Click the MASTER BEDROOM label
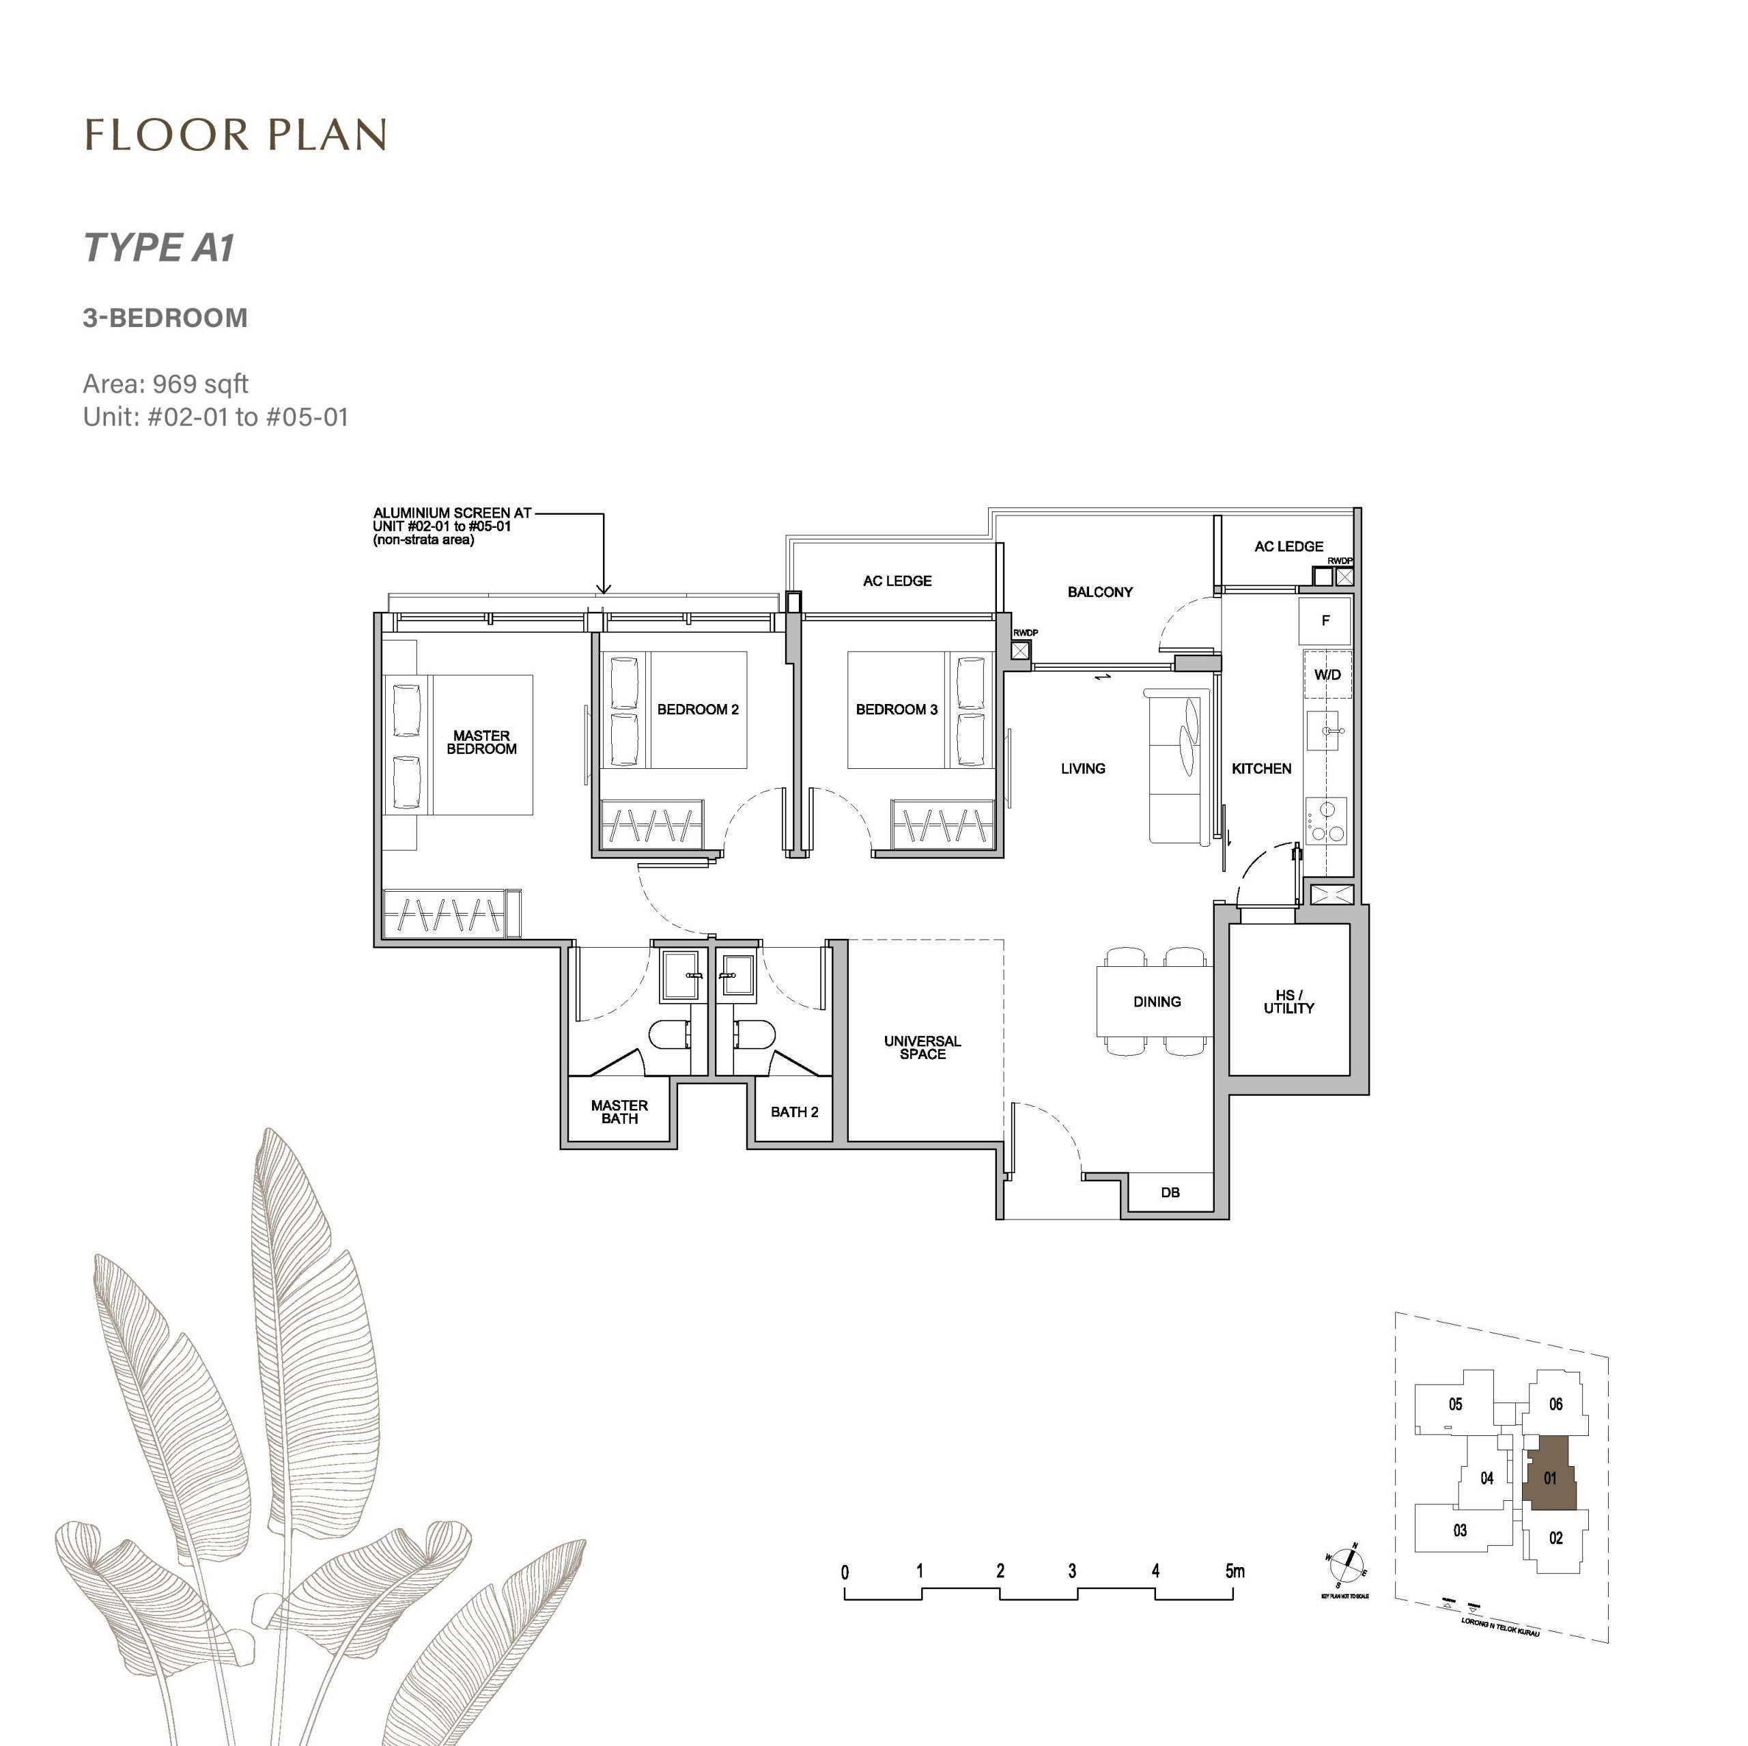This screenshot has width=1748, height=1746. click(x=481, y=742)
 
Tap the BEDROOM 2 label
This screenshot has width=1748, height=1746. click(x=698, y=709)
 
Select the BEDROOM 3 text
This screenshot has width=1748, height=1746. click(x=896, y=709)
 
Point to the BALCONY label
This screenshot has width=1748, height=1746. click(x=1099, y=591)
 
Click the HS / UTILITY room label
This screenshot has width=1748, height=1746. click(x=1288, y=1002)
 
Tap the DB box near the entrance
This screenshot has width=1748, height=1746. click(x=1170, y=1192)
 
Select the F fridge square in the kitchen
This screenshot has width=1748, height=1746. click(x=1325, y=621)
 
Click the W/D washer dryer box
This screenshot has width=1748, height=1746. click(x=1327, y=675)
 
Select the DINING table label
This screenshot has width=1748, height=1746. click(x=1156, y=1002)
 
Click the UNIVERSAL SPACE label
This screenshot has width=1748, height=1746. click(x=922, y=1047)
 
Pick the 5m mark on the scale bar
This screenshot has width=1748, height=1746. click(x=1234, y=1571)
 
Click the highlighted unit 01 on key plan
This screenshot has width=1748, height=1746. click(x=1550, y=1478)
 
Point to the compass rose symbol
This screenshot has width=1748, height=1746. click(x=1347, y=1560)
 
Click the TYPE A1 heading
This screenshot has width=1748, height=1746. click(x=159, y=248)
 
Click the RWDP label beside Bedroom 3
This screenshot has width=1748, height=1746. click(x=1025, y=632)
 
